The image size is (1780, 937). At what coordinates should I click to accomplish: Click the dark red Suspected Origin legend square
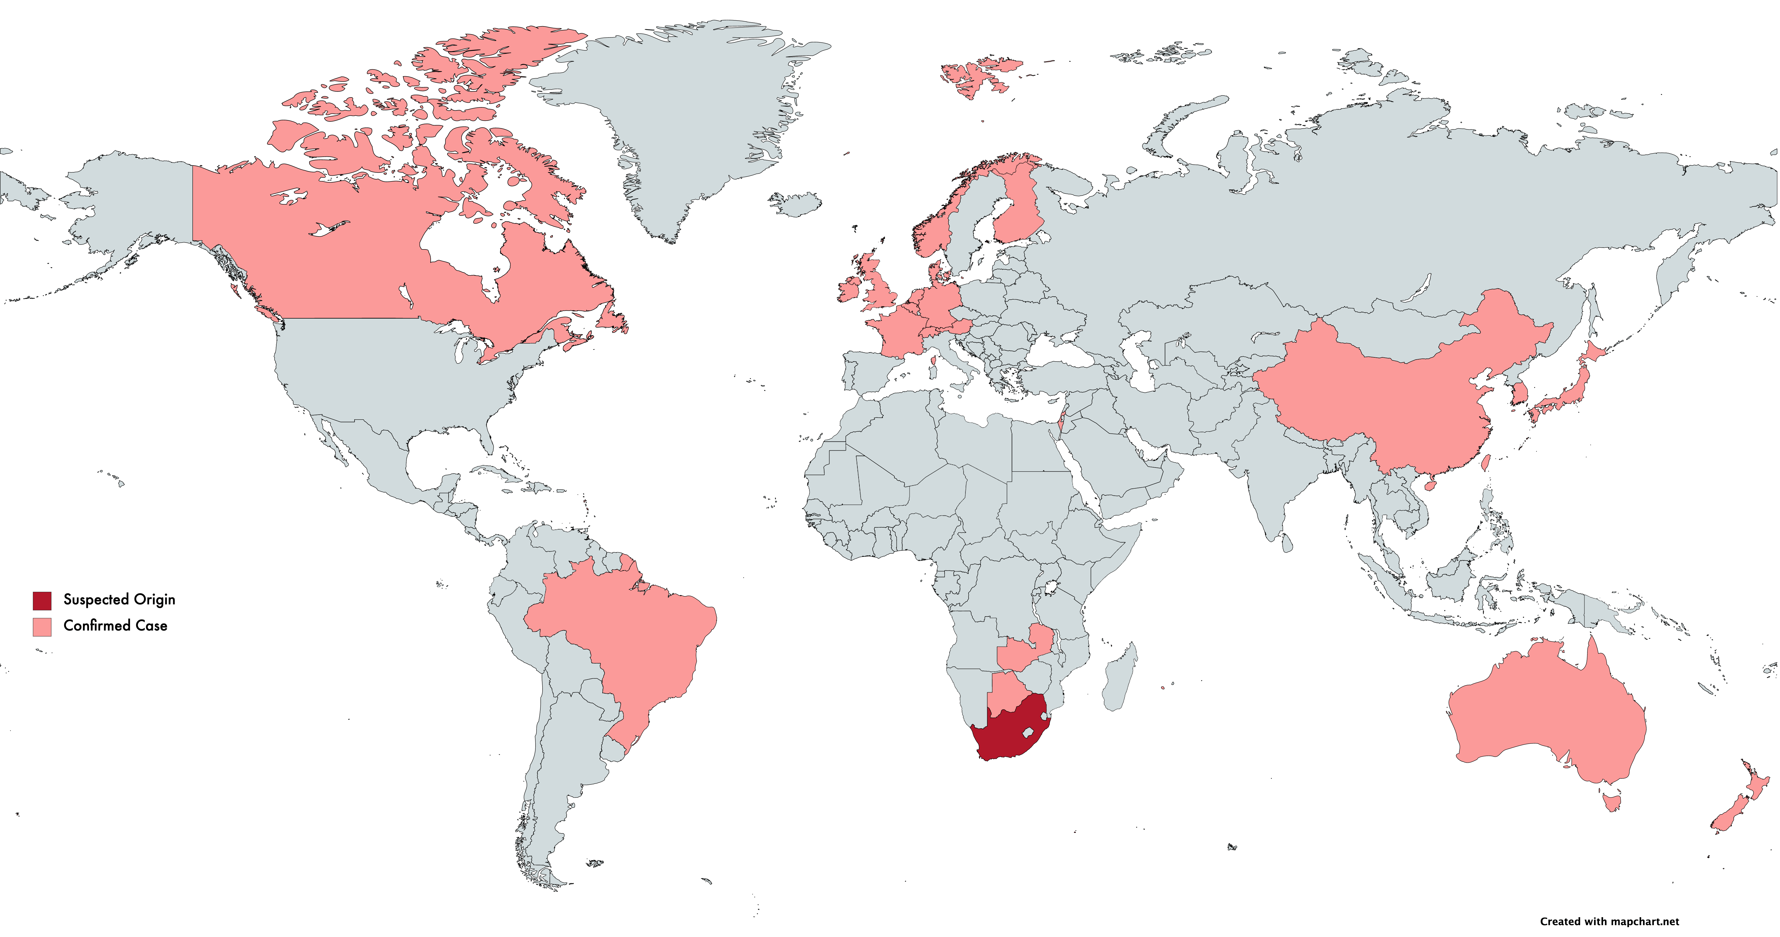41,600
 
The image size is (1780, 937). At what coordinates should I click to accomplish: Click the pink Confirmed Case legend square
41,626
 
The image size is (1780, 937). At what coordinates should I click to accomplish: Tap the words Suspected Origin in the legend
119,599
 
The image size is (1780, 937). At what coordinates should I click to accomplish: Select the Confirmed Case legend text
115,626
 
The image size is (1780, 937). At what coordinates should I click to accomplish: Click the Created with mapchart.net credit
1609,921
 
